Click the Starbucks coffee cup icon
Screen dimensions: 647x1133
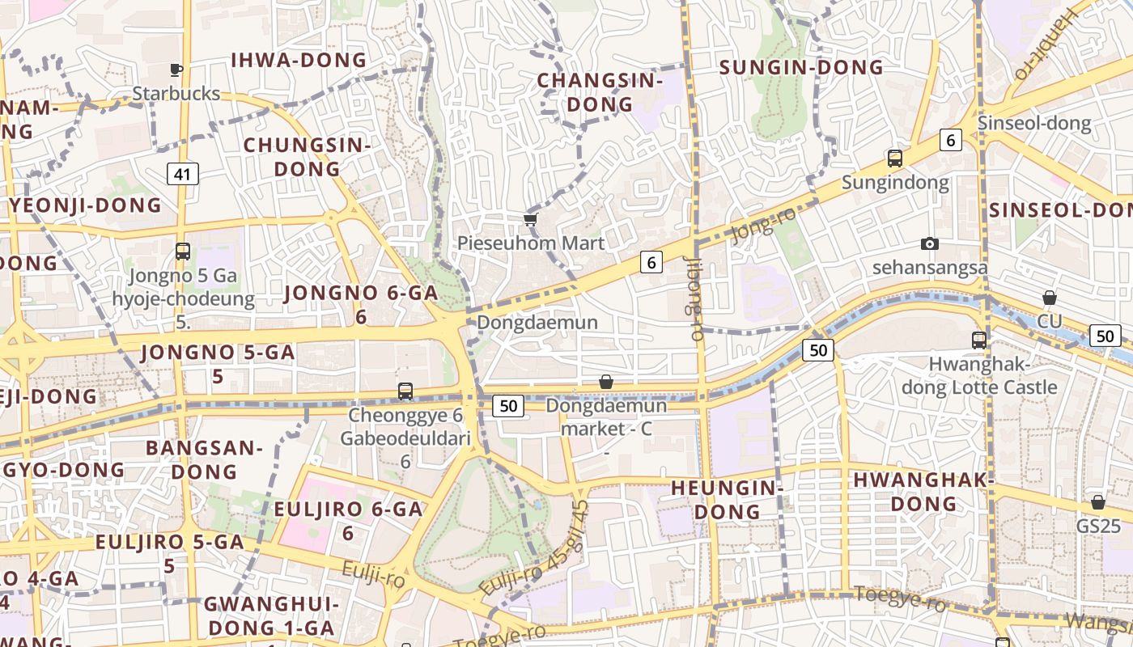point(176,70)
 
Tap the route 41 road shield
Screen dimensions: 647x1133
point(184,173)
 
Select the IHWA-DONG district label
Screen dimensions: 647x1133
point(299,60)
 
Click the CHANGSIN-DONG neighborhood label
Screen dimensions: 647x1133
point(600,92)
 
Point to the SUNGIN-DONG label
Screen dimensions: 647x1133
point(801,67)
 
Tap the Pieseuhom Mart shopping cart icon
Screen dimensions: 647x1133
point(531,220)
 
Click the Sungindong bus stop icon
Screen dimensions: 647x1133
point(895,159)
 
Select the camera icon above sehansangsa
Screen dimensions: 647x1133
point(930,243)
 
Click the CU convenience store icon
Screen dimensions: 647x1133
point(1050,298)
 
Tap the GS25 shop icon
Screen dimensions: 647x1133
point(1098,502)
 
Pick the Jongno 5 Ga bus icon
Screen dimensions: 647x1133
point(183,251)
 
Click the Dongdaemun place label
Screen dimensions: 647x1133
point(537,322)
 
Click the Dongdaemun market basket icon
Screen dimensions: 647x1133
point(606,382)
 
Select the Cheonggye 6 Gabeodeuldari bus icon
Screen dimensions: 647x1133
point(405,391)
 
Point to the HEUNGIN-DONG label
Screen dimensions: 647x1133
point(727,500)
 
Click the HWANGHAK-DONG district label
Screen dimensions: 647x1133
point(923,492)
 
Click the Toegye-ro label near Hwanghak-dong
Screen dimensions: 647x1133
point(899,599)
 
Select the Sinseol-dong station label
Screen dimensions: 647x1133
point(1034,124)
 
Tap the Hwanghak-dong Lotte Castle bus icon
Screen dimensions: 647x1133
point(979,340)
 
